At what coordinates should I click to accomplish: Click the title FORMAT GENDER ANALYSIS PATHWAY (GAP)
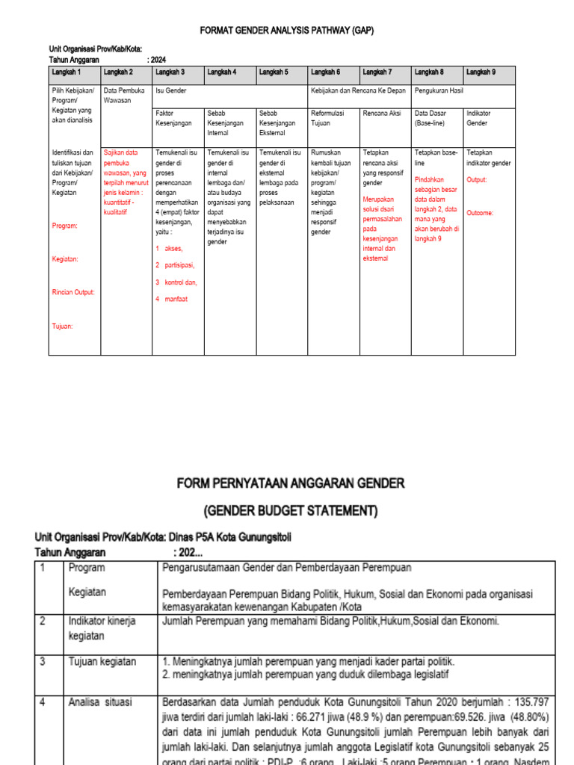coord(286,31)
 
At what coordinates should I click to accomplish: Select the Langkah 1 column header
coord(67,72)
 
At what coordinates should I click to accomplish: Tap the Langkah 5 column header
coord(274,72)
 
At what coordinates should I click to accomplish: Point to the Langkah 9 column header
coord(480,72)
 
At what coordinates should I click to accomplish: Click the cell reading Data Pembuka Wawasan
coord(124,94)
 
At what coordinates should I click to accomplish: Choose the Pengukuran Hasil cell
coord(439,90)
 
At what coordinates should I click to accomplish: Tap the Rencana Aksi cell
coord(381,113)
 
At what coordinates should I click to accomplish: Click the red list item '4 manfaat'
coord(171,299)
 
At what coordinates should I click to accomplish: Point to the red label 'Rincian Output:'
coord(73,292)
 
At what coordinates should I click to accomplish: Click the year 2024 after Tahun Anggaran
coord(158,59)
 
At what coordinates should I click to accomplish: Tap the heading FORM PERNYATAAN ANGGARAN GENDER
coord(291,483)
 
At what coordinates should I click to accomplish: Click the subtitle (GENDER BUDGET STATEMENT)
coord(291,511)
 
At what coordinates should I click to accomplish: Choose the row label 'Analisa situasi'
coord(100,702)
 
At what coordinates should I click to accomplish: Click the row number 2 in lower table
coord(43,621)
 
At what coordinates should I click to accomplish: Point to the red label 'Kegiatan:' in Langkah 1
coord(66,258)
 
